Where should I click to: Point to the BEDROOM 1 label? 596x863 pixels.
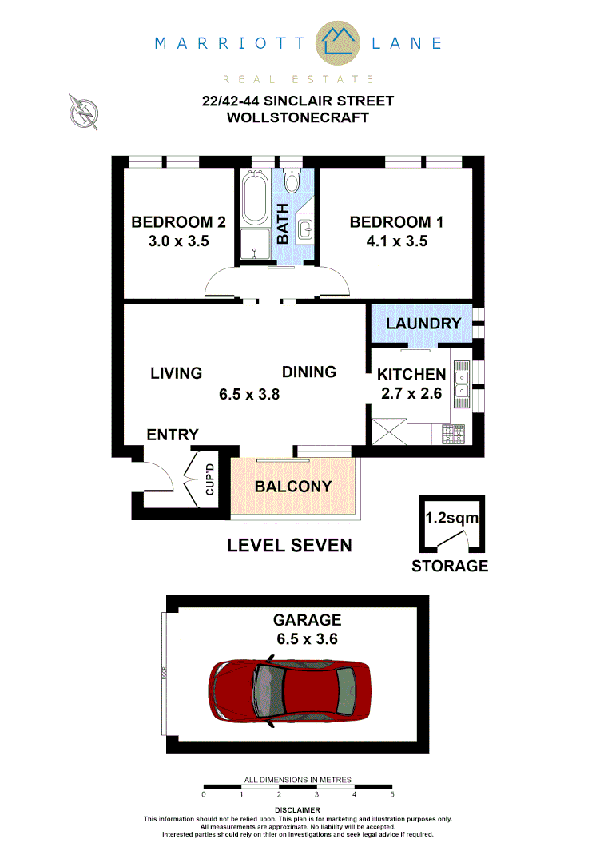coord(396,222)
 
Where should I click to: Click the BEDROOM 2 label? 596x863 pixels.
coord(178,222)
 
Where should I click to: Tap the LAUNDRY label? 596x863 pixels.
coord(423,324)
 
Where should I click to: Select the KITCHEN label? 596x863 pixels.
coord(411,374)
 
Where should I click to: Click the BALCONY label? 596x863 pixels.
coord(292,487)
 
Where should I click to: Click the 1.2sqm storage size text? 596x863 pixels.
coord(451,518)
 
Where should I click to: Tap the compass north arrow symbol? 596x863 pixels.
coord(83,111)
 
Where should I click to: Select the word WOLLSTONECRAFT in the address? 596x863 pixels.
coord(298,117)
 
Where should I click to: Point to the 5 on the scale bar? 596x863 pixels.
coord(391,795)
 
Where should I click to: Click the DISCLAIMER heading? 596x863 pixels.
coord(297,810)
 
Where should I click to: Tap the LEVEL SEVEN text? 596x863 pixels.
coord(289,546)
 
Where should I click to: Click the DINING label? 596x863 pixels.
coord(308,372)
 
